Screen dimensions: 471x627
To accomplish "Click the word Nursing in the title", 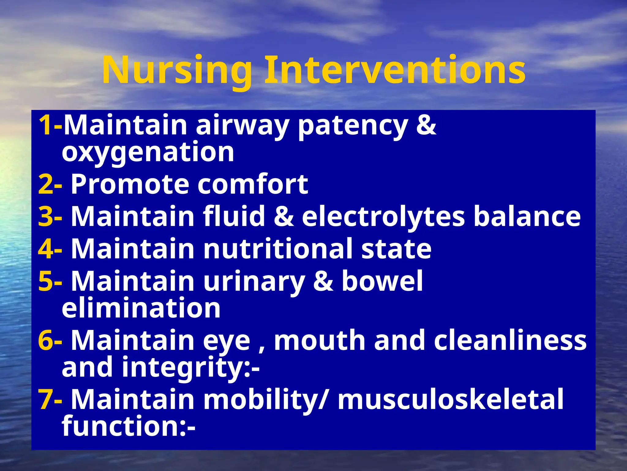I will tap(177, 71).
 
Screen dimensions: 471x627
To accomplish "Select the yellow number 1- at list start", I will tap(50, 125).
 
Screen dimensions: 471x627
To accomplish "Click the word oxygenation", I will tap(148, 152).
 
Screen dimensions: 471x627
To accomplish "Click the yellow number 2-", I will tap(50, 185).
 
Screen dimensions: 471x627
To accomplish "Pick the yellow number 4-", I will tap(50, 249).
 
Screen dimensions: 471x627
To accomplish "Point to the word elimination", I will tap(141, 308).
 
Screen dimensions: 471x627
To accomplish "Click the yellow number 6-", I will tap(50, 340).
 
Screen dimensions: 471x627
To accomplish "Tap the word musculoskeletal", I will tap(450, 399).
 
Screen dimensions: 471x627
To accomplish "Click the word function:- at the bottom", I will tap(129, 426).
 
